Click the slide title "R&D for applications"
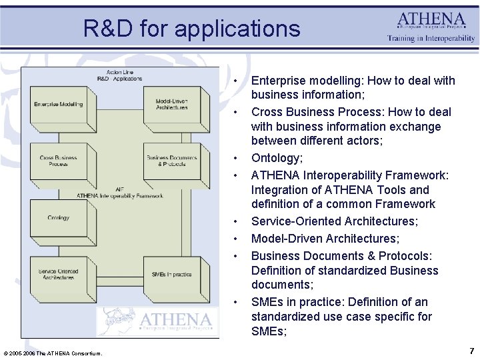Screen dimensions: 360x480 pos(192,29)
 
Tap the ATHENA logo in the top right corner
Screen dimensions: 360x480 pos(431,20)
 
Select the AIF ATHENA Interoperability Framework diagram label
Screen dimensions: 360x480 pos(119,193)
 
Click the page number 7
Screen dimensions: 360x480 pos(471,351)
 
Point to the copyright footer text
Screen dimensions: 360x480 pos(53,353)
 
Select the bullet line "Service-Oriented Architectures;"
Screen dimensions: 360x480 pos(335,221)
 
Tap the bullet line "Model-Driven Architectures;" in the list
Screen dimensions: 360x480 pos(325,239)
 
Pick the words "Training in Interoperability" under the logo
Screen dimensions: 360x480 pos(431,39)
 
